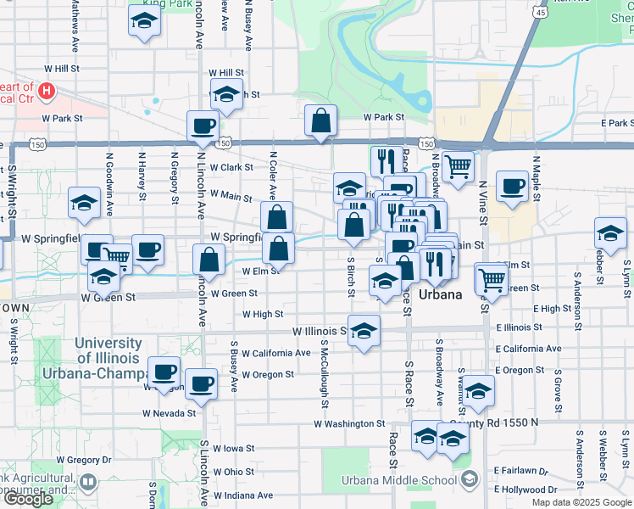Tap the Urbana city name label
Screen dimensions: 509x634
(x=442, y=295)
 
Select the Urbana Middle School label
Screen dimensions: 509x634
(x=399, y=481)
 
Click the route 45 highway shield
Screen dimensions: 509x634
(x=541, y=12)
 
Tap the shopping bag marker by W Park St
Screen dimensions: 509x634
(x=321, y=122)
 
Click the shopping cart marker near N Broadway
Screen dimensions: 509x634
(x=458, y=167)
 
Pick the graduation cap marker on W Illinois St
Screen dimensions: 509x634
(x=364, y=332)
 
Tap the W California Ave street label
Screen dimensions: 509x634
(x=275, y=353)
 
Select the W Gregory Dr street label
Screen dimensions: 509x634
(x=84, y=460)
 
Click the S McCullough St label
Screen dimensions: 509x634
(x=325, y=367)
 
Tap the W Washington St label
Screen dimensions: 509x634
(x=349, y=423)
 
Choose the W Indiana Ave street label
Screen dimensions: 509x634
(x=242, y=495)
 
